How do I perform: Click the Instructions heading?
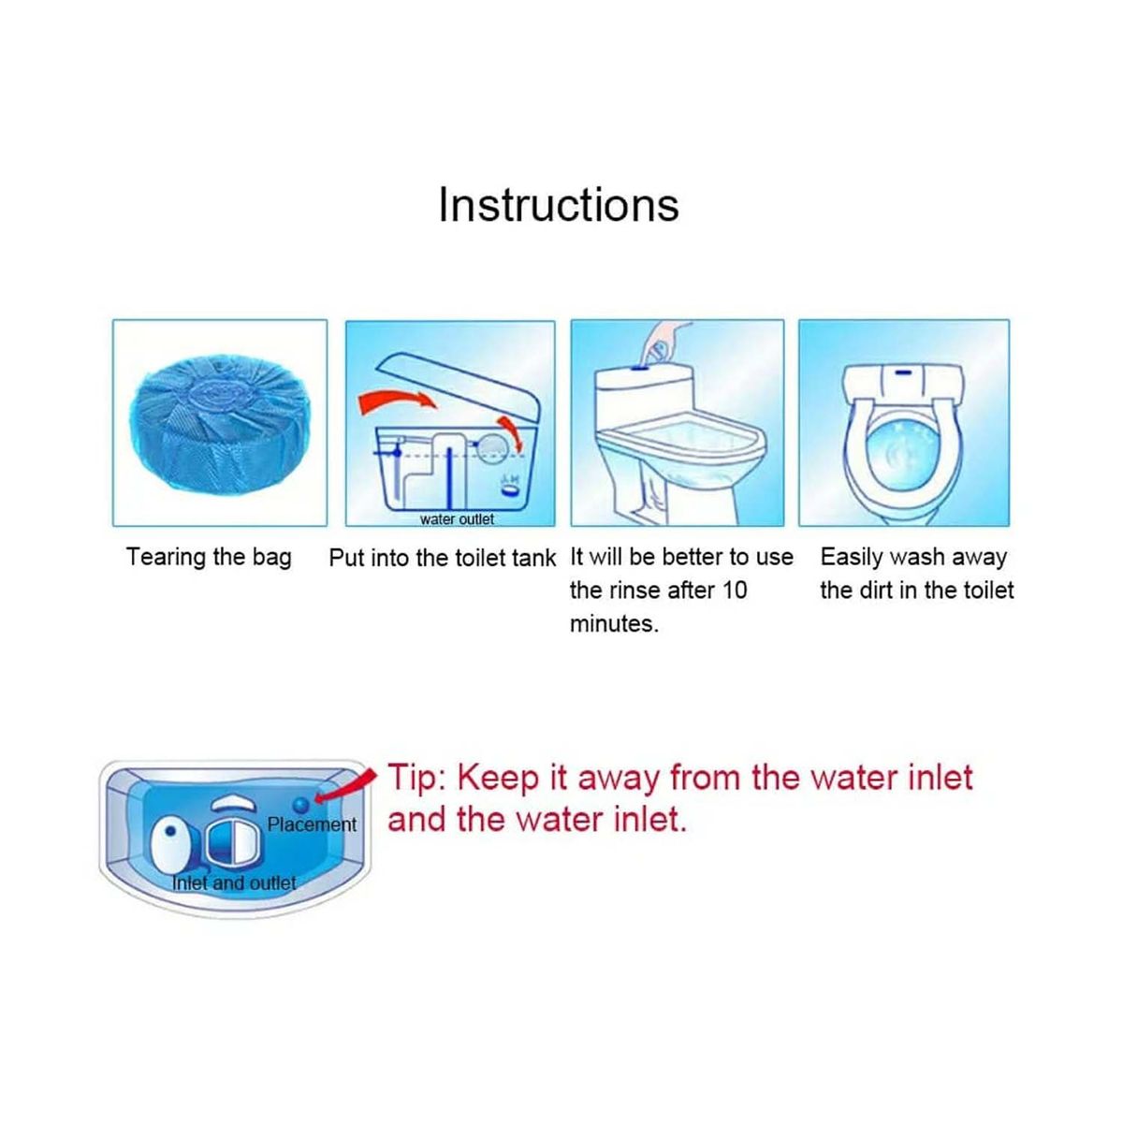point(559,205)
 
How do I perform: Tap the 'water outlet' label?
point(457,519)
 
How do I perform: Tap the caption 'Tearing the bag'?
point(209,557)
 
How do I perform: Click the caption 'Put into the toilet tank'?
point(443,558)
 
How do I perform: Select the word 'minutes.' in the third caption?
point(614,623)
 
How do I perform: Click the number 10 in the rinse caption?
point(735,591)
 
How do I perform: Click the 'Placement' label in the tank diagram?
point(312,824)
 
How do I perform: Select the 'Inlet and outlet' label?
point(234,882)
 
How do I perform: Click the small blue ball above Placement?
point(302,805)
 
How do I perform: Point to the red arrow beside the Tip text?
point(343,787)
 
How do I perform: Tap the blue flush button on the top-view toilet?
point(904,372)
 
